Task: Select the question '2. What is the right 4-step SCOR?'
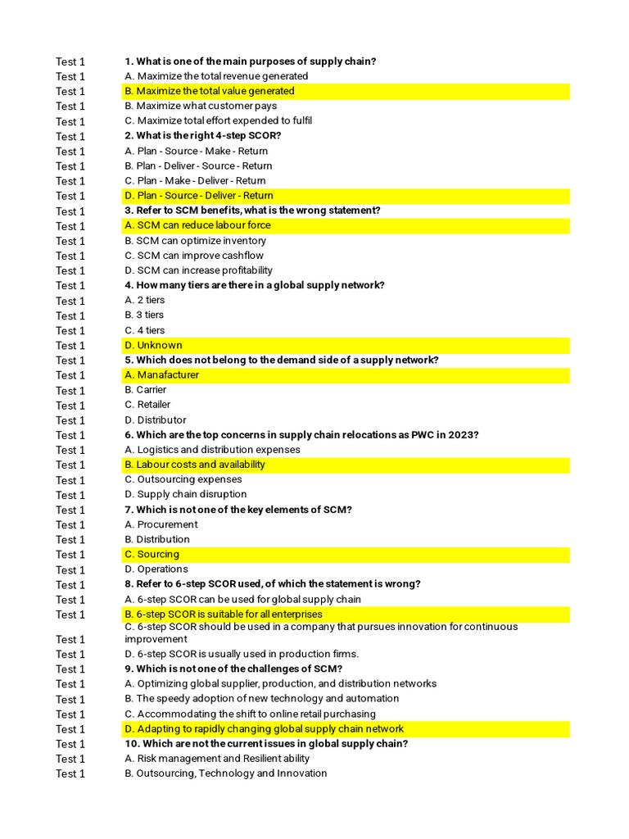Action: (x=202, y=136)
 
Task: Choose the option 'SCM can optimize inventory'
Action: (x=195, y=241)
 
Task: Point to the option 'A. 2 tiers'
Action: (x=144, y=301)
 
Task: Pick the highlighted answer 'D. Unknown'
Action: (x=153, y=345)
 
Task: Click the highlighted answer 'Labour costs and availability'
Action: (x=201, y=465)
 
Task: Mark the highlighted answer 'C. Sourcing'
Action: (x=152, y=555)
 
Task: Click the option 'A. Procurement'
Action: (x=161, y=524)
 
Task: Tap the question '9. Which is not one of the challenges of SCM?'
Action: (x=233, y=669)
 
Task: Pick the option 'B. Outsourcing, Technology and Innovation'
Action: (x=225, y=773)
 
